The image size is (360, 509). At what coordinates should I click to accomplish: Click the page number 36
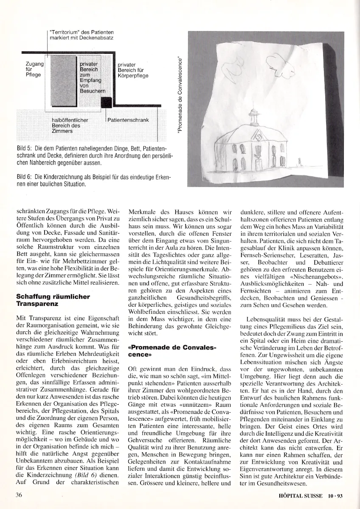(19, 495)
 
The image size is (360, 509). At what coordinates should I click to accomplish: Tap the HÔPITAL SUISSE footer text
(298, 495)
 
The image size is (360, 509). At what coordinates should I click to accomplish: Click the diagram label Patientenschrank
(128, 120)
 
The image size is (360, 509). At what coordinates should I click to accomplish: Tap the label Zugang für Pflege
(35, 69)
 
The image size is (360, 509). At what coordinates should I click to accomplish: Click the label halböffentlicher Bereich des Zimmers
(69, 126)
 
